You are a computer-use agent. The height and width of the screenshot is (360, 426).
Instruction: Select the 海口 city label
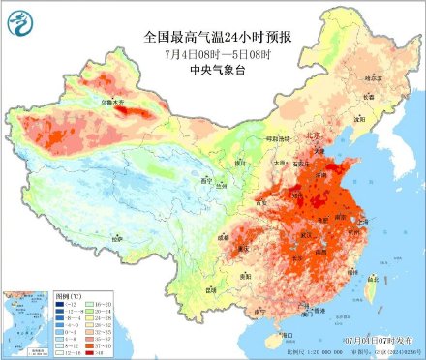[287, 333]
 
